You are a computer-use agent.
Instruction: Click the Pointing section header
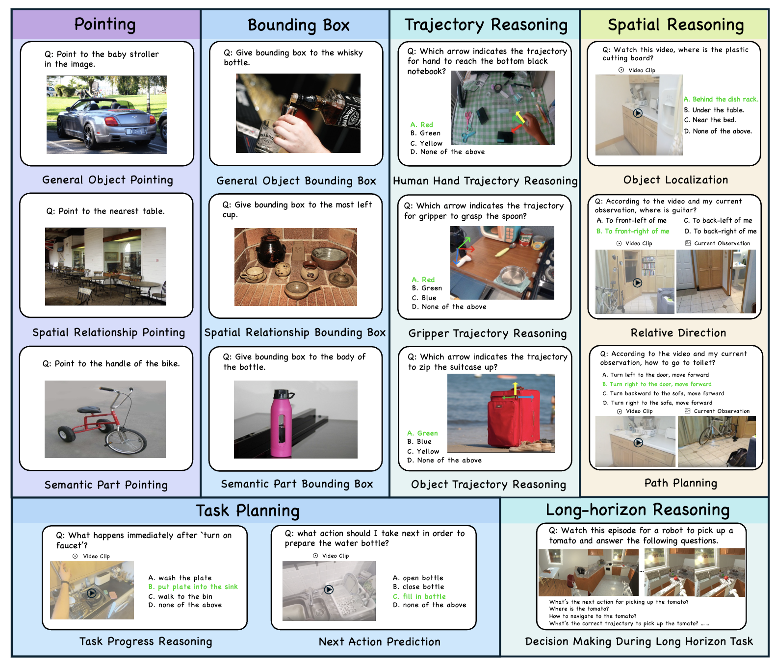tap(104, 25)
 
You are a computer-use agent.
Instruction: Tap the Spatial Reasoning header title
tap(675, 25)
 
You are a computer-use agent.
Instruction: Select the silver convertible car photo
tap(106, 115)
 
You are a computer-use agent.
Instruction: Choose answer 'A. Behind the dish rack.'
tap(721, 99)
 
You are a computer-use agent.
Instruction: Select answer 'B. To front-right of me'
tap(633, 231)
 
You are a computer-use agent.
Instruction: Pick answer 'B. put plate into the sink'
tap(193, 587)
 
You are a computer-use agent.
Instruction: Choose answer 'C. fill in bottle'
tap(419, 596)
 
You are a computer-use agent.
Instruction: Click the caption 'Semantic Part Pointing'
tap(106, 485)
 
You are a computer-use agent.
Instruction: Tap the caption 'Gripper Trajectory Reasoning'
tap(487, 333)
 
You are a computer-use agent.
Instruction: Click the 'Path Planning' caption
tap(680, 483)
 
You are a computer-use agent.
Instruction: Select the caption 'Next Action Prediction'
tap(379, 641)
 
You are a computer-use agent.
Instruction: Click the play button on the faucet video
tap(92, 593)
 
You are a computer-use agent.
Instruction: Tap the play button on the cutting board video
tap(637, 113)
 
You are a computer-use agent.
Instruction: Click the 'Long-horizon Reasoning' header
tap(637, 510)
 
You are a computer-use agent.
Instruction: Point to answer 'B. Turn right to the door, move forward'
tap(657, 384)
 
